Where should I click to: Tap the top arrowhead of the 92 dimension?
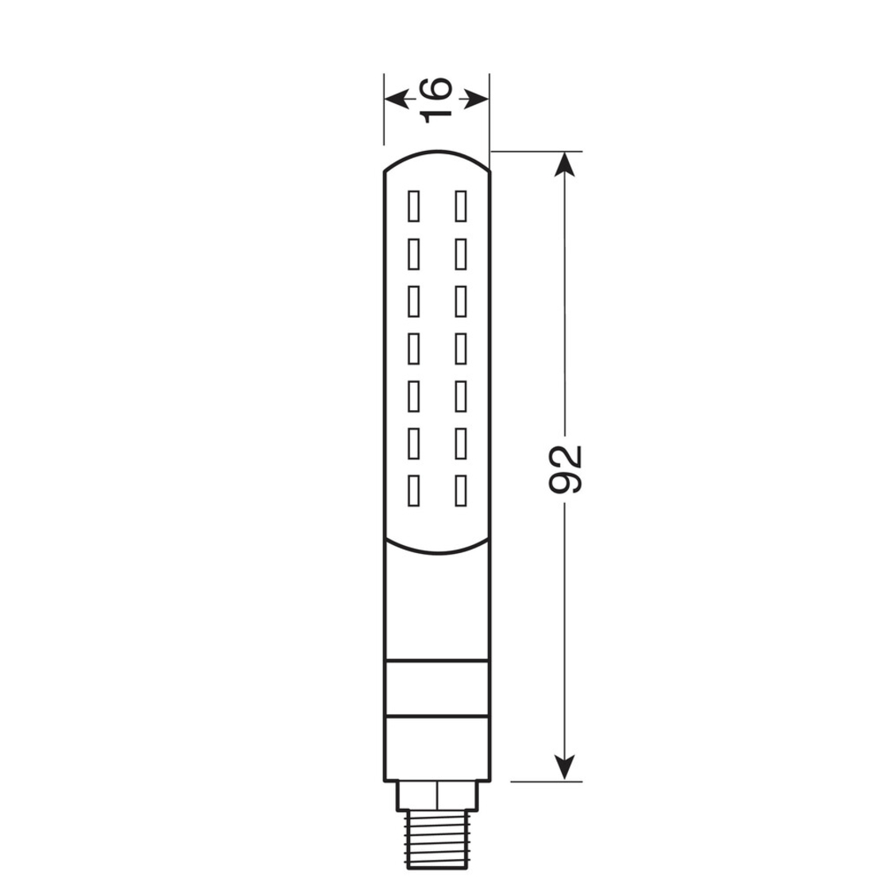click(x=564, y=163)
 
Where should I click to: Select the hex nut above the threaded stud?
click(x=435, y=795)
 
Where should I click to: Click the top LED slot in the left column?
click(x=412, y=206)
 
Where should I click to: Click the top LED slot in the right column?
click(x=459, y=206)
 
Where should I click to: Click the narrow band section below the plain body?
click(x=435, y=689)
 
